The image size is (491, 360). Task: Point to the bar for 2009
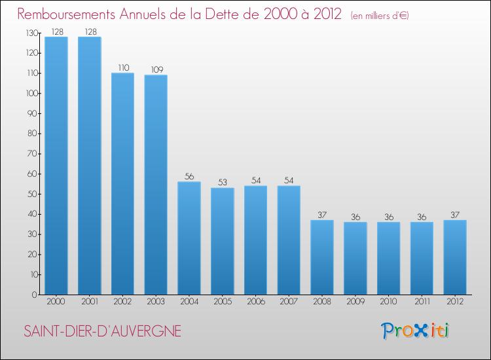pos(355,258)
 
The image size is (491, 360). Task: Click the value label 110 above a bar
pos(122,67)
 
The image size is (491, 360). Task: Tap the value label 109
pos(156,69)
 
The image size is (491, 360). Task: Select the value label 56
pos(189,177)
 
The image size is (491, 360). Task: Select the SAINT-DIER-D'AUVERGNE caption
pos(102,331)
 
